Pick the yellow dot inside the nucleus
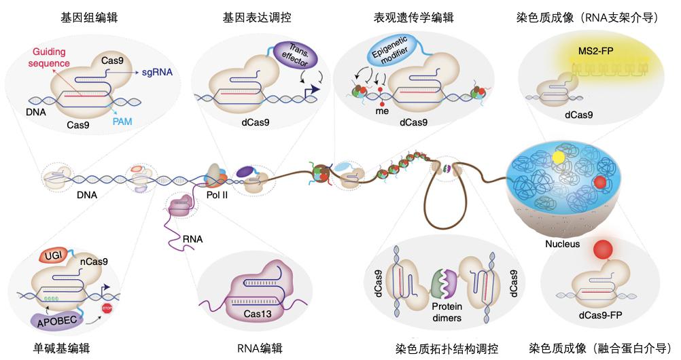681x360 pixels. pyautogui.click(x=558, y=158)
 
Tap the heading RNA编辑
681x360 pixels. pyautogui.click(x=259, y=348)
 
